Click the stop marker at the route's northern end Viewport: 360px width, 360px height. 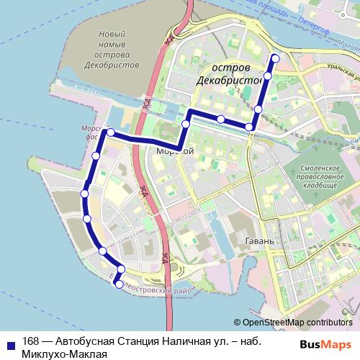pos(274,58)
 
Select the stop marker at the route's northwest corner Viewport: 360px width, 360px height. pos(110,132)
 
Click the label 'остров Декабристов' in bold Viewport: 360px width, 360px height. pos(229,73)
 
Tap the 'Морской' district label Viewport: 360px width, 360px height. pos(176,151)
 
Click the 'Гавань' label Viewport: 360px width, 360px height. pos(259,240)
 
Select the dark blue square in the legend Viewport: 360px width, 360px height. pos(10,343)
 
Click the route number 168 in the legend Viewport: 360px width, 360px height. pos(31,341)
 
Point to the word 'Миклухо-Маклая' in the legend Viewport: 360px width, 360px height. pos(64,354)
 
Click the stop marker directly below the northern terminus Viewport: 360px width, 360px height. pos(268,75)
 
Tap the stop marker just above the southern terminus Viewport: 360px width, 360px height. pos(120,270)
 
